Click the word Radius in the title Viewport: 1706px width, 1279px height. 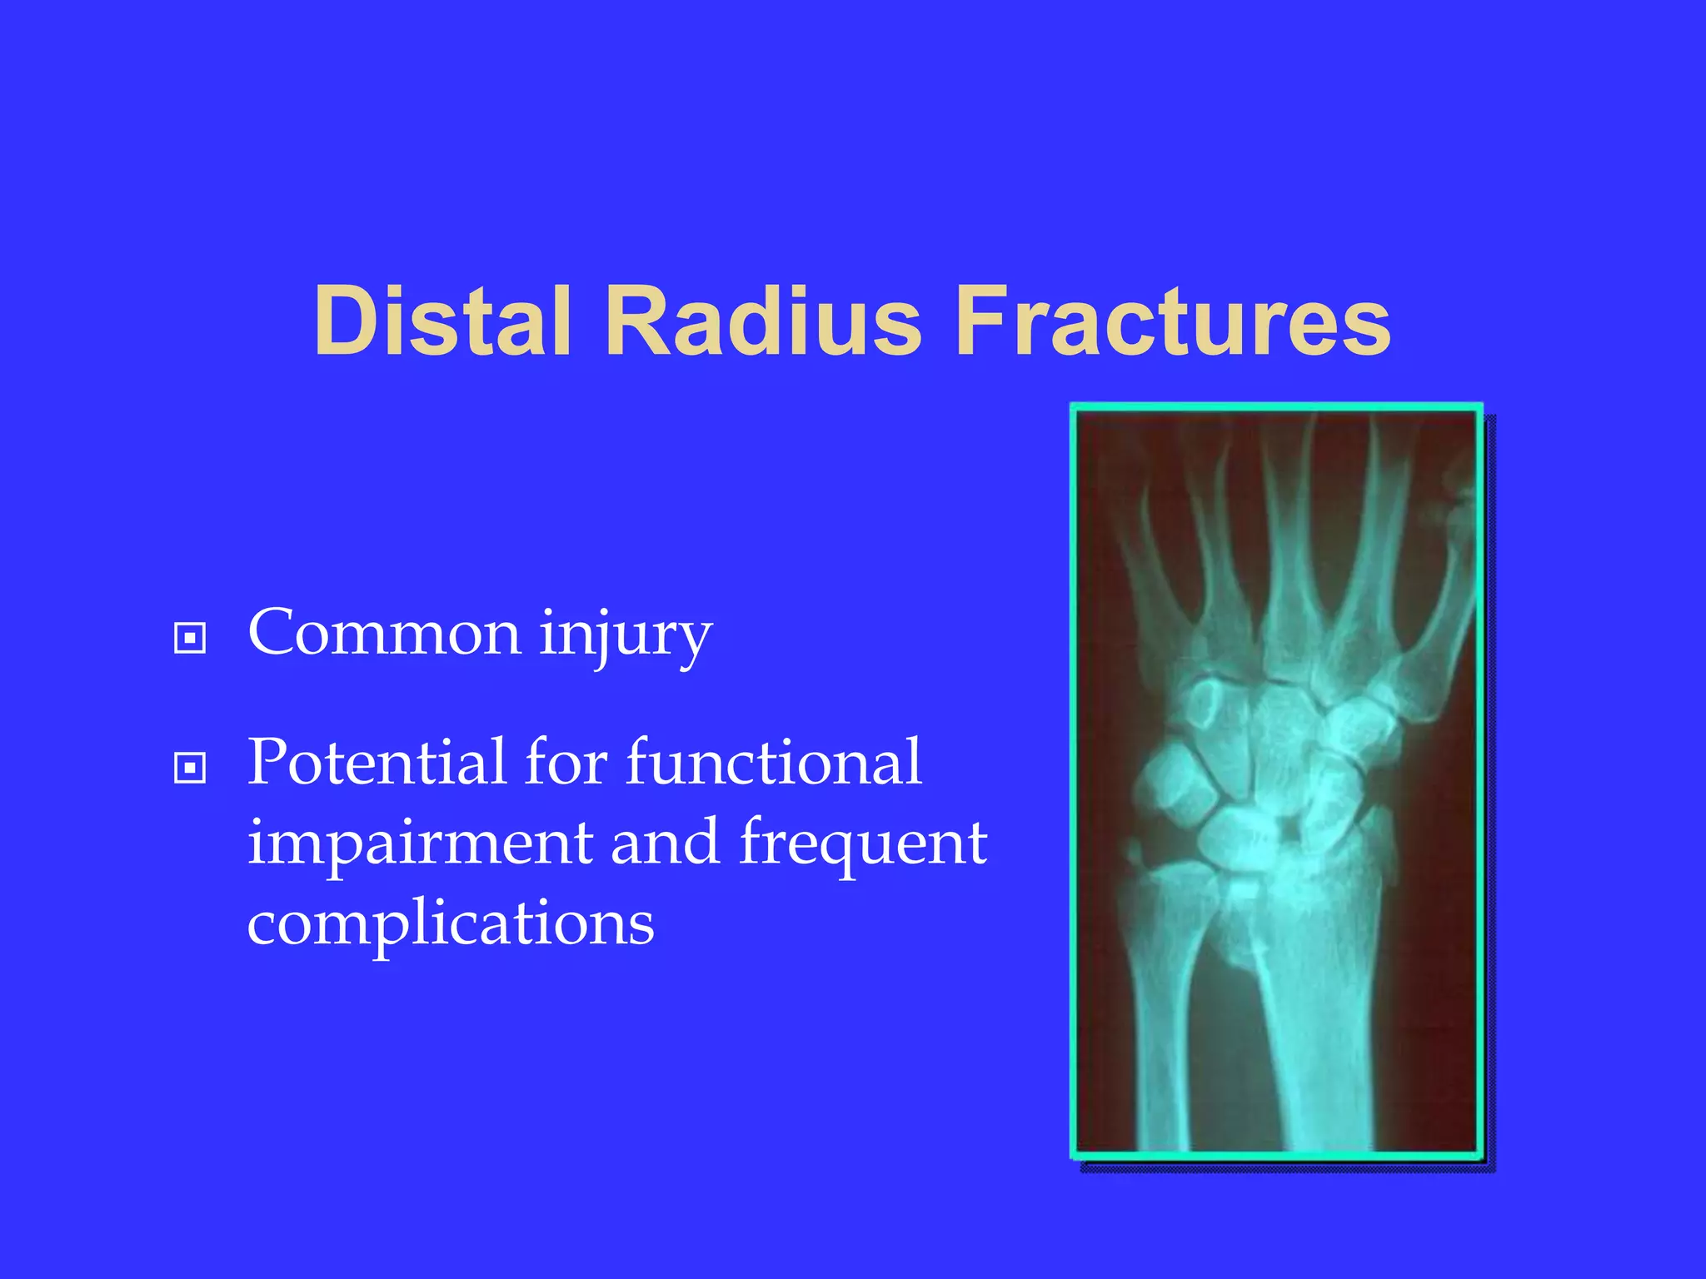coord(762,321)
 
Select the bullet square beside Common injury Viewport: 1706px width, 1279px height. coord(190,639)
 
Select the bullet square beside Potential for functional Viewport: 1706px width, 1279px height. coord(190,768)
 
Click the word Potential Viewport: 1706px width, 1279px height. coord(376,762)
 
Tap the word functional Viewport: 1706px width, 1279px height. coord(774,762)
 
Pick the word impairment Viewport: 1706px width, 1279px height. coord(421,843)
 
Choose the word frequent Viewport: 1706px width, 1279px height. coord(863,843)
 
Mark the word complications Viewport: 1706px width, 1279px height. coord(451,924)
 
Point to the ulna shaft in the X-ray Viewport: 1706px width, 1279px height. coord(1162,1041)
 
